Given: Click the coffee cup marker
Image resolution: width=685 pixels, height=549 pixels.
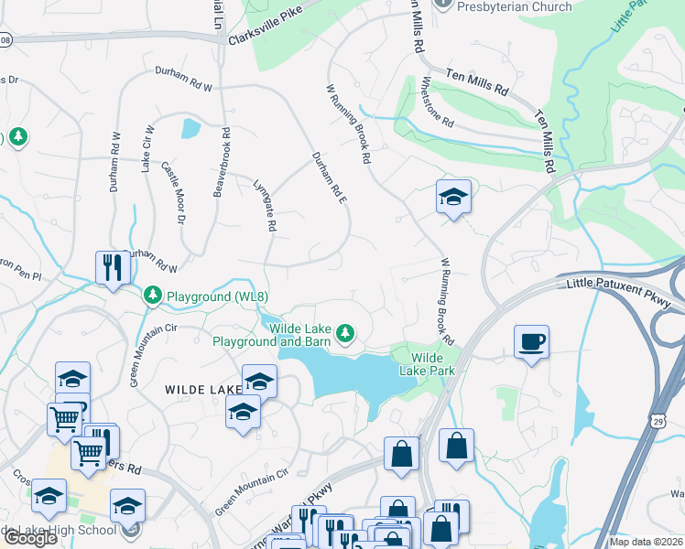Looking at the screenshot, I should coord(531,343).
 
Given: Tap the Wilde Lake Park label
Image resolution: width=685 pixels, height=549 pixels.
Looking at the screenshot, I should coord(427,363).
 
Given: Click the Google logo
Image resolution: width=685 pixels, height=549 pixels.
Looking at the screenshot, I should coord(30,538).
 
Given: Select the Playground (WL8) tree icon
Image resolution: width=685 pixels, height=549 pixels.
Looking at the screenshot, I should coord(152,296).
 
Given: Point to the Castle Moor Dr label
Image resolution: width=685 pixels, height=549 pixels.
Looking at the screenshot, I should coord(174,193).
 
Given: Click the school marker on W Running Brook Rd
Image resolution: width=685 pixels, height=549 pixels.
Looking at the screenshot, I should coord(453,198).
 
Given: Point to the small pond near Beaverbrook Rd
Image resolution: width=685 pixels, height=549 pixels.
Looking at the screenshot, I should coord(190,128).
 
